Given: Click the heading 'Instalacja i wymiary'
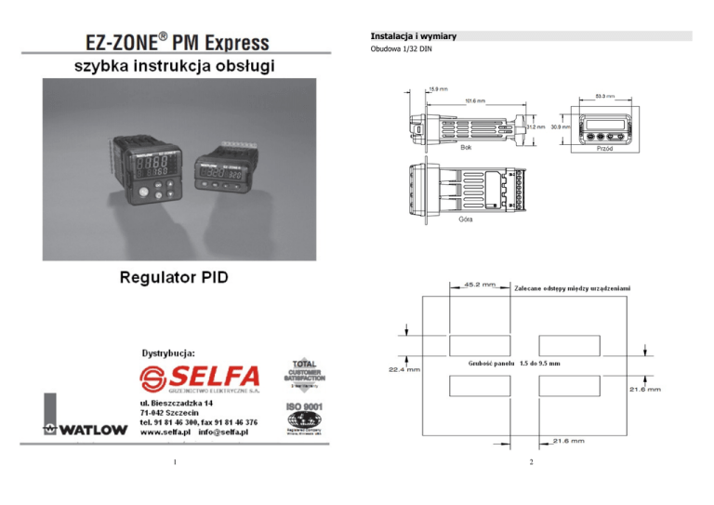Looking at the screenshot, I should pos(413,36).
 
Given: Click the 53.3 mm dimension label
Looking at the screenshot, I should pos(604,96).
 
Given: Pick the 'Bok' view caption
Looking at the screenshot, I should pos(467,148).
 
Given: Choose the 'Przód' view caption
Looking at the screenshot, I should pos(603,148).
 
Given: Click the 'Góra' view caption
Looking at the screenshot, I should pos(467,219).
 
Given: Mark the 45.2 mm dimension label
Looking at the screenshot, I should pos(480,285).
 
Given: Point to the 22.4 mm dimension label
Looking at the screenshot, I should pos(403,369).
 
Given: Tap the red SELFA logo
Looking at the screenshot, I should pos(199,377).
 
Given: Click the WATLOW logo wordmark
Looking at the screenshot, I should pos(87,431).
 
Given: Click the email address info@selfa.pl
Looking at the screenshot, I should pos(222,432).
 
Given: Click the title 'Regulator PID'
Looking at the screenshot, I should pos(174,277).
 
